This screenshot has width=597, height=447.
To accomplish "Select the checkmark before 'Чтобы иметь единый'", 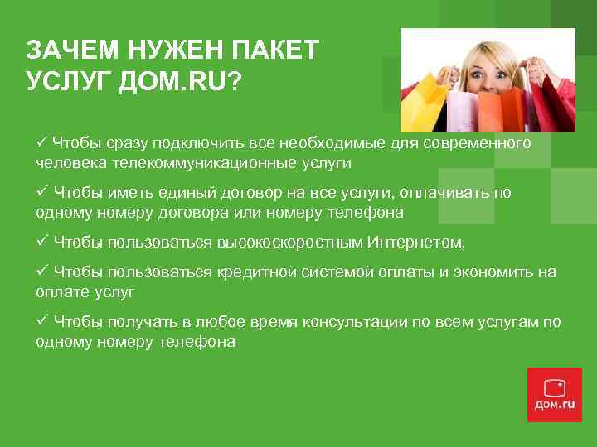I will click(x=42, y=192).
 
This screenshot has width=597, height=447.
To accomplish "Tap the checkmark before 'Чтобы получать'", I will click(x=42, y=321).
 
